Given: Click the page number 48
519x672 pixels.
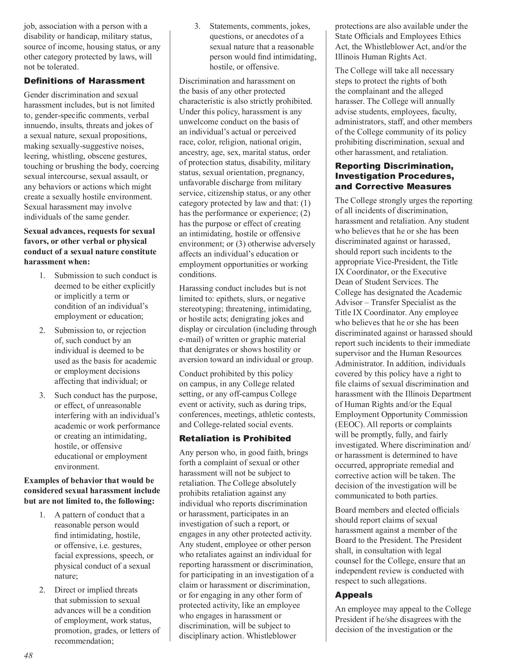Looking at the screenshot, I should pyautogui.click(x=28, y=655).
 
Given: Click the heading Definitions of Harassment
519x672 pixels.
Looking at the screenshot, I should pyautogui.click(x=84, y=81).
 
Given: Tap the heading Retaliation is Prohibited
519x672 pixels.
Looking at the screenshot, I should pyautogui.click(x=235, y=438).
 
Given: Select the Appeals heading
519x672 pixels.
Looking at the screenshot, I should pyautogui.click(x=354, y=595).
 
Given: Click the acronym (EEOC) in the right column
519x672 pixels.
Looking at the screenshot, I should pyautogui.click(x=349, y=424).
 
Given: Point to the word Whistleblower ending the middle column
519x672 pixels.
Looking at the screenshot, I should pyautogui.click(x=271, y=636).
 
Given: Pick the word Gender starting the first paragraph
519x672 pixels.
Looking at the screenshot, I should pyautogui.click(x=36, y=95).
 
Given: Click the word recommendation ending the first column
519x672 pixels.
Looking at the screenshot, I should pyautogui.click(x=83, y=641).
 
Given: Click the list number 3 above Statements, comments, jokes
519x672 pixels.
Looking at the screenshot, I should pyautogui.click(x=197, y=27).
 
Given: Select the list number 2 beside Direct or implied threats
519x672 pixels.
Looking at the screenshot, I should pyautogui.click(x=42, y=590).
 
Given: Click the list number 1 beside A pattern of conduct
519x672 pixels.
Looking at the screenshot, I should pyautogui.click(x=42, y=515).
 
